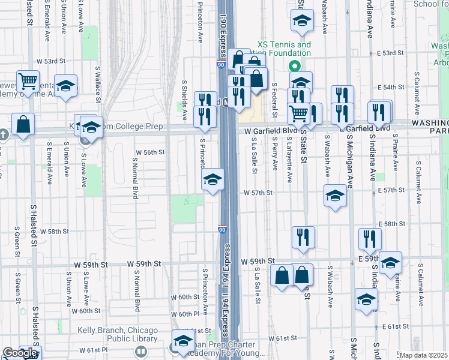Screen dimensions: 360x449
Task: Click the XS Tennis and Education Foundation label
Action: (x=285, y=49)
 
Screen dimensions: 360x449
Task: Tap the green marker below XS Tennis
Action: (x=295, y=66)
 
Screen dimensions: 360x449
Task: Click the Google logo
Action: (x=20, y=353)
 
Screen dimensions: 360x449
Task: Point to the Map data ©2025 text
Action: (x=424, y=355)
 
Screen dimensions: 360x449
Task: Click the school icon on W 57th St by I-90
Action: (x=212, y=179)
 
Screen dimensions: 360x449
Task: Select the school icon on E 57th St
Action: (x=335, y=195)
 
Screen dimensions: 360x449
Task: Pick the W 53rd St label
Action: (x=50, y=61)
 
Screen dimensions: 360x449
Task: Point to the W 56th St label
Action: (x=150, y=152)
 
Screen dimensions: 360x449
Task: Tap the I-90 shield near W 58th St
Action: (x=222, y=229)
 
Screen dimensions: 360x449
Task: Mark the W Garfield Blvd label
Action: (x=271, y=131)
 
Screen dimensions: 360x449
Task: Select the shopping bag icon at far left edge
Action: (x=23, y=125)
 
